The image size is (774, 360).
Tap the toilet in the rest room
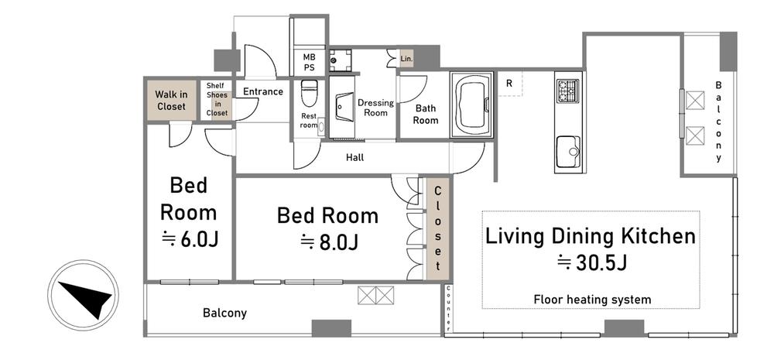[309, 94]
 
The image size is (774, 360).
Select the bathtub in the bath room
[472, 105]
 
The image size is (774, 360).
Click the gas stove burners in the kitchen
[567, 91]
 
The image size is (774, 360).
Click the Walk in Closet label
[171, 100]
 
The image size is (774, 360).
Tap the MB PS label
[309, 63]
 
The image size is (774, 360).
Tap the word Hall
[355, 157]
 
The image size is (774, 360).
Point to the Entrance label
[263, 91]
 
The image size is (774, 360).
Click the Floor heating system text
[592, 300]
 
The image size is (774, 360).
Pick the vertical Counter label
[448, 308]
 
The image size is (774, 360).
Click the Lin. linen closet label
[406, 60]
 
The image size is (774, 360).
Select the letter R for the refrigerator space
[509, 84]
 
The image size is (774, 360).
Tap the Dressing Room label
[375, 108]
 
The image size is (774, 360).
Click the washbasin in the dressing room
[344, 106]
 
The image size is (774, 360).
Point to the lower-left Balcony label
[224, 313]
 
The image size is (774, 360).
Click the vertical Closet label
[438, 228]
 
